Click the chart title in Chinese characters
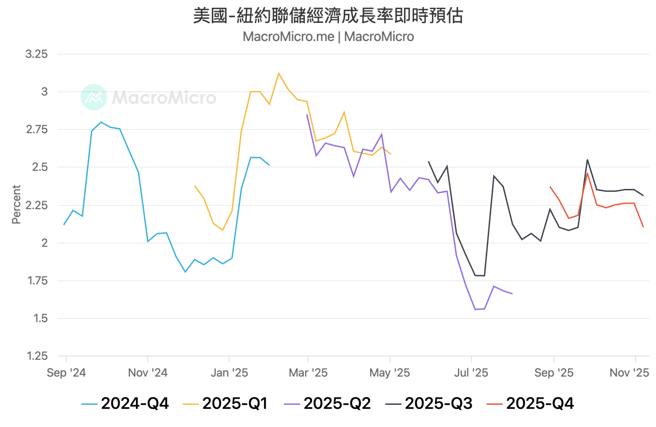(328, 16)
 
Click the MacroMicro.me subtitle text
(328, 37)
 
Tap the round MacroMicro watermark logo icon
(94, 97)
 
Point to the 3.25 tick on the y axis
(37, 54)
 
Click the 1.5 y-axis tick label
(40, 318)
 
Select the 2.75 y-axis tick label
(37, 129)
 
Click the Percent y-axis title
(16, 205)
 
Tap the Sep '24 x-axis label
(66, 373)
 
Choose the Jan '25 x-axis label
(229, 373)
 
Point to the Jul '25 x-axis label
(471, 373)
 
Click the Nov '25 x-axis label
(629, 373)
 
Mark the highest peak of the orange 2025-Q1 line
(279, 73)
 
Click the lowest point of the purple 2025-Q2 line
(475, 309)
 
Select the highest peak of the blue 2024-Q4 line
(101, 122)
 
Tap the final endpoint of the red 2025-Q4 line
(643, 227)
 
